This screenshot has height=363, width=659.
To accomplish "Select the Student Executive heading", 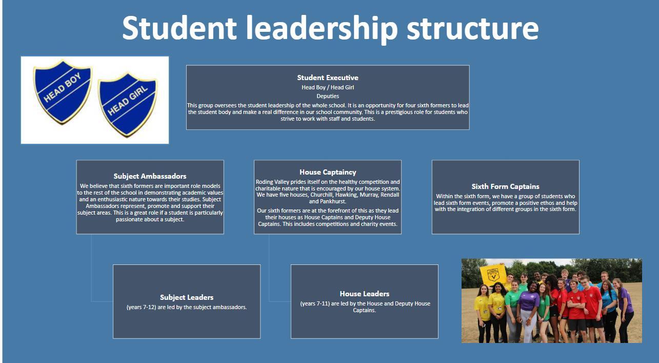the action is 328,78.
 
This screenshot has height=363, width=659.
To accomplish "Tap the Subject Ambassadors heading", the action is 150,176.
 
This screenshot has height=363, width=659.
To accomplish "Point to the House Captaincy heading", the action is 328,172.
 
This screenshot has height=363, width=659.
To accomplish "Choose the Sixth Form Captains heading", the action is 505,186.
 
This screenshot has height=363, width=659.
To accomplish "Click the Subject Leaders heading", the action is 187,297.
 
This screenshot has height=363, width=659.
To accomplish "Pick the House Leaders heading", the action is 364,294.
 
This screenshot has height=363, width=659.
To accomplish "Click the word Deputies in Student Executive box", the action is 328,96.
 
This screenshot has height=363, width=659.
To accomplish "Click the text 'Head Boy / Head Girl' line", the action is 328,87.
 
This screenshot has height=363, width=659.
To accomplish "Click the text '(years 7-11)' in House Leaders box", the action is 316,303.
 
